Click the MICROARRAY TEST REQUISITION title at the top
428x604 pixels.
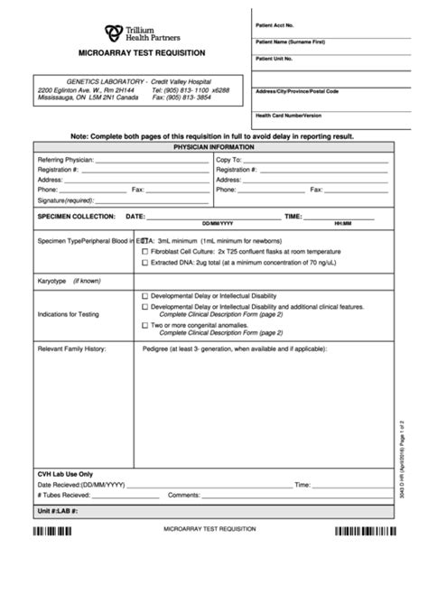click(x=142, y=54)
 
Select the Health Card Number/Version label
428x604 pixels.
click(x=288, y=115)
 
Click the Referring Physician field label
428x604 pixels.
click(x=66, y=159)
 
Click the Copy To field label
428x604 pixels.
click(x=228, y=159)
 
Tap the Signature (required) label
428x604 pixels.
click(x=67, y=200)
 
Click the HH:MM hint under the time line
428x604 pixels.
click(x=342, y=223)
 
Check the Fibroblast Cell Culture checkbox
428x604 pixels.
click(x=145, y=252)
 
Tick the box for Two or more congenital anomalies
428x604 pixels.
click(x=145, y=324)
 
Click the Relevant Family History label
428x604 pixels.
click(x=71, y=348)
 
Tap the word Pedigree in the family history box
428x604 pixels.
click(x=159, y=348)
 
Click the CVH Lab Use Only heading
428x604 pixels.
click(x=66, y=473)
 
